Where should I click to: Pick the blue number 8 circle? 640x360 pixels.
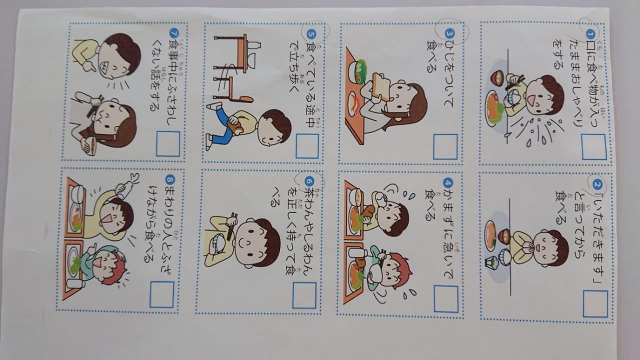(170, 180)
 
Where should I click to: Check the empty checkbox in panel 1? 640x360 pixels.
(594, 147)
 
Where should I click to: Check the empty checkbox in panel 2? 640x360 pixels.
(595, 304)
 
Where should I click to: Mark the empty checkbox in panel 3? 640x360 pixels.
(445, 147)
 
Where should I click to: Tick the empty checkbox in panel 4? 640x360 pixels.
(446, 299)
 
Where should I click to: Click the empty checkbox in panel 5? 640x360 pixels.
(307, 146)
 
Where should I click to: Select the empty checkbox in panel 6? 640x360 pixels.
(304, 295)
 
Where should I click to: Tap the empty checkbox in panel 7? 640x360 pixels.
(168, 144)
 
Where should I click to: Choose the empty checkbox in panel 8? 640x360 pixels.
(161, 294)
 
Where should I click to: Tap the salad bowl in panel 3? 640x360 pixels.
(357, 72)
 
